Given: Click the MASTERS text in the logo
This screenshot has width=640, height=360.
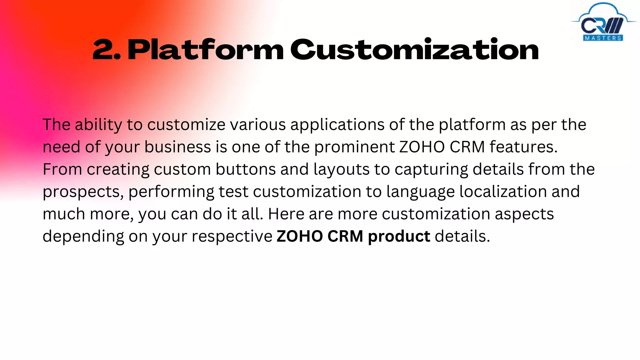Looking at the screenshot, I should (603, 38).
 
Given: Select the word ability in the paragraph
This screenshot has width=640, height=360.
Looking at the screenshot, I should (98, 125).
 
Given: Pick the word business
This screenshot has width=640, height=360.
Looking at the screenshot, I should (177, 147).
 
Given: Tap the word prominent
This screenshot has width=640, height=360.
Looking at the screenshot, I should (354, 147).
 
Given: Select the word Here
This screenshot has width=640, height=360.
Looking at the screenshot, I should (286, 214).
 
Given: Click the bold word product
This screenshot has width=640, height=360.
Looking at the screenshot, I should (399, 237).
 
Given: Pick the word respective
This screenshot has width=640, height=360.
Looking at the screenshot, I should (232, 237).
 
